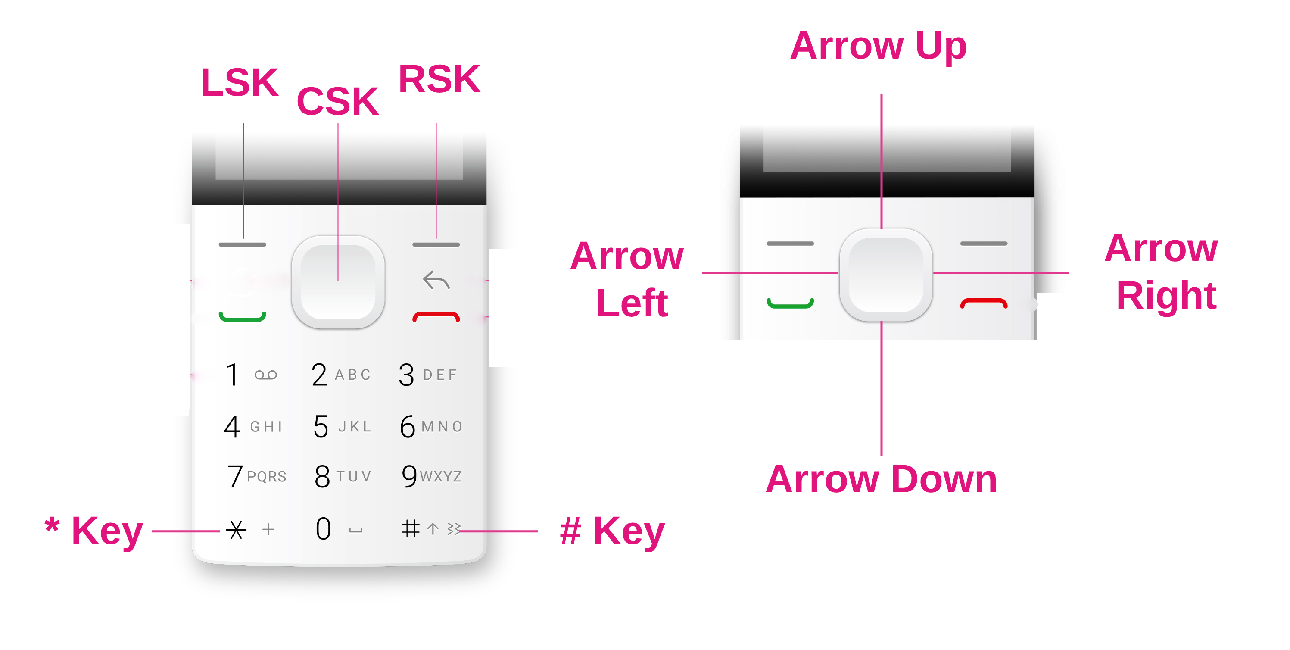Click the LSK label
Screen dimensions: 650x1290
tap(240, 83)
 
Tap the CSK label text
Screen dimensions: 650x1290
tap(337, 102)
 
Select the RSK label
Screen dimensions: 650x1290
tap(439, 80)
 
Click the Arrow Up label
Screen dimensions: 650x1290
tap(879, 46)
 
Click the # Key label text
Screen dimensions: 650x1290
tap(612, 531)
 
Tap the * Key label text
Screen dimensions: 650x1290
tap(94, 531)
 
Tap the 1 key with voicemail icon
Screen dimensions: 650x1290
tap(250, 375)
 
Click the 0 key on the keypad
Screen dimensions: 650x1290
tap(324, 529)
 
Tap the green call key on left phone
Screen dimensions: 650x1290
tap(243, 317)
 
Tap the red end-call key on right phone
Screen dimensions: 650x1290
tap(984, 303)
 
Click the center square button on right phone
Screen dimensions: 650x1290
tap(885, 275)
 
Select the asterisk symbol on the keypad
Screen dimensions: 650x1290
tap(236, 529)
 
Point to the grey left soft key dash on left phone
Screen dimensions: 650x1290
tap(243, 244)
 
